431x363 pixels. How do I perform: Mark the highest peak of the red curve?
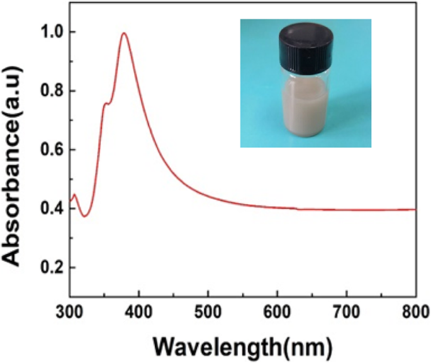[x=124, y=33]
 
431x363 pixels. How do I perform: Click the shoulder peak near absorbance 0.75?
[x=106, y=103]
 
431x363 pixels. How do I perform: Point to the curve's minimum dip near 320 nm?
[x=84, y=216]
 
